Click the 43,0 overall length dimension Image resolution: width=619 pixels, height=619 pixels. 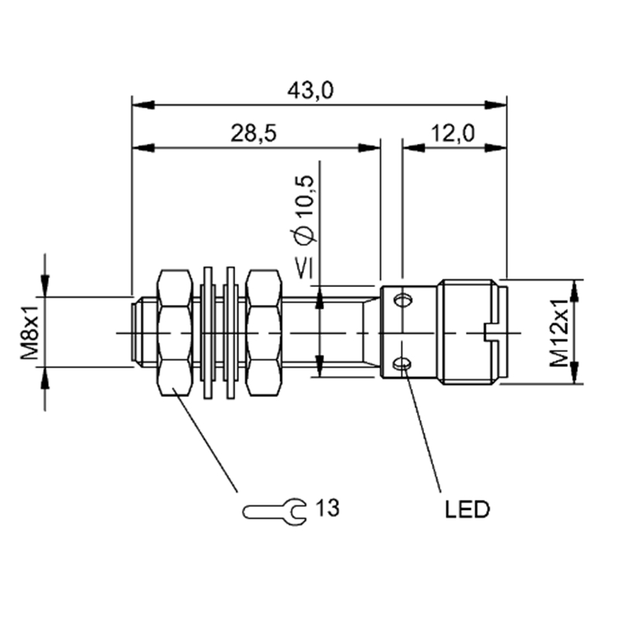[x=310, y=91]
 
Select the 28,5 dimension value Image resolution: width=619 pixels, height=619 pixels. [x=254, y=133]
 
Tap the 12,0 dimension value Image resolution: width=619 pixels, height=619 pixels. [x=453, y=133]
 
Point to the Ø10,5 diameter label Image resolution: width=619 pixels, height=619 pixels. [x=306, y=210]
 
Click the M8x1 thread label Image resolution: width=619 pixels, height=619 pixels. [x=30, y=333]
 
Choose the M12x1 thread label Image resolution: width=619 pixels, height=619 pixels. [x=559, y=333]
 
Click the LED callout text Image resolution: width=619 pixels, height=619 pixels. [x=467, y=509]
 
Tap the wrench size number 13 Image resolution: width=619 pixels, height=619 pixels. [x=327, y=508]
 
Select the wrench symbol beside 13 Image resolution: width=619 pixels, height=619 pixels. [x=274, y=511]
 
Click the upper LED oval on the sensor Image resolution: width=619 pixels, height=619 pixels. [x=402, y=301]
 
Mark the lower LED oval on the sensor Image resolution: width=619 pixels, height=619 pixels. [x=402, y=364]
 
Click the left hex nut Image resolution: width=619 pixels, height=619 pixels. [x=175, y=333]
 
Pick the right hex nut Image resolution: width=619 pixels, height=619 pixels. [x=264, y=333]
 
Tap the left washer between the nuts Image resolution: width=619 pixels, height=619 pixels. [x=207, y=333]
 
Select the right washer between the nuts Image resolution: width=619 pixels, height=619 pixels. [x=231, y=333]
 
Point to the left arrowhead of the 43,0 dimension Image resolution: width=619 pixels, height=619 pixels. [x=143, y=105]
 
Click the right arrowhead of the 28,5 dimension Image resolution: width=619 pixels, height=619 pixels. [x=369, y=148]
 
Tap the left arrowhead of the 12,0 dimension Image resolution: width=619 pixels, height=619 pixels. [x=413, y=148]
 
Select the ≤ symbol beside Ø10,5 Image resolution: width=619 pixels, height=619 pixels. [x=305, y=268]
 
